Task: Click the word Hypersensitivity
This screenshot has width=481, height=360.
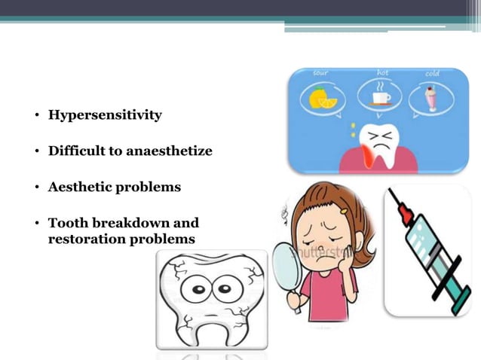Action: tap(105, 115)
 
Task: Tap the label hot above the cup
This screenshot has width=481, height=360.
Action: tap(383, 72)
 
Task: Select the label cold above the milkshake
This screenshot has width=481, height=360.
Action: tap(433, 73)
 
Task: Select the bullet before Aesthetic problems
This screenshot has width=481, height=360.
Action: tap(36, 188)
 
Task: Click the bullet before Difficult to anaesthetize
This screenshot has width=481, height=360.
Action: tap(36, 152)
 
